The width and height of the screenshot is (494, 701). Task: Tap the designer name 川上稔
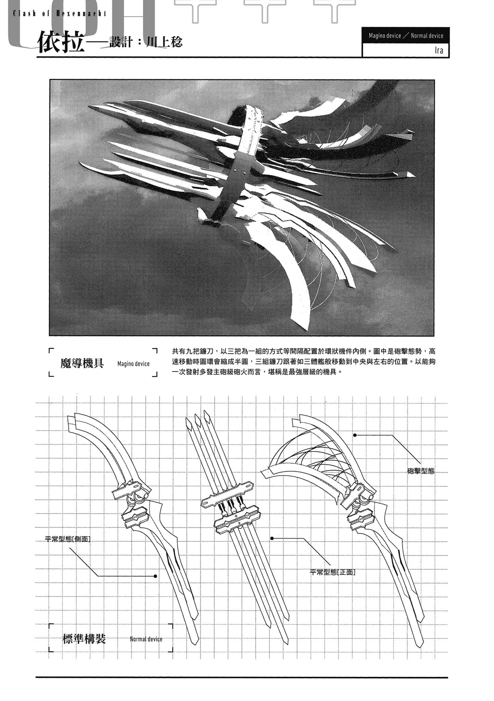(x=164, y=42)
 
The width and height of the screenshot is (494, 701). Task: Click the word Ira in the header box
(x=439, y=51)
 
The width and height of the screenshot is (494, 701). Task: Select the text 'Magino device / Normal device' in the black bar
(x=406, y=36)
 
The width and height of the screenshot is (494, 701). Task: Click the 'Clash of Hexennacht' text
(x=59, y=14)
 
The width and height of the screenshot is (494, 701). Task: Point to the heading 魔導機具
(x=82, y=363)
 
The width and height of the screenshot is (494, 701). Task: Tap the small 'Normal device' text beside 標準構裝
(x=146, y=639)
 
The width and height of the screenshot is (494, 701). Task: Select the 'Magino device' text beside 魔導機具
(x=133, y=364)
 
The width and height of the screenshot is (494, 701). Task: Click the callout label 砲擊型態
(x=420, y=471)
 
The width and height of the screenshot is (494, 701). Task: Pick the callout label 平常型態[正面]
(x=332, y=572)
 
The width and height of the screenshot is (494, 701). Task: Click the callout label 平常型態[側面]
(x=68, y=539)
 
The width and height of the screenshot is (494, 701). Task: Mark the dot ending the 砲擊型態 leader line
(x=355, y=435)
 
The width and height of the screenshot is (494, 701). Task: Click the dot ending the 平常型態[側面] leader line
(x=156, y=576)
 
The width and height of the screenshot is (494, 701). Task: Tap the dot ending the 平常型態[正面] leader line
(x=272, y=538)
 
